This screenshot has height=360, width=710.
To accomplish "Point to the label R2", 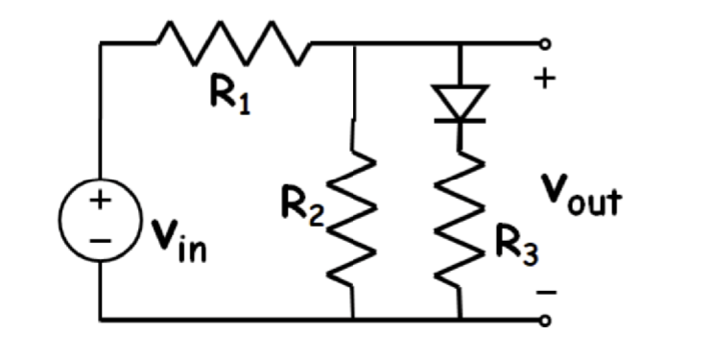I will click(x=304, y=203).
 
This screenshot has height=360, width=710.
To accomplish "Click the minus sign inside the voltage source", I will click(x=100, y=239).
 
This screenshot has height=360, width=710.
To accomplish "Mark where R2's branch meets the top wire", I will click(x=355, y=44).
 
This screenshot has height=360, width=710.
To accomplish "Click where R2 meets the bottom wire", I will click(x=355, y=320).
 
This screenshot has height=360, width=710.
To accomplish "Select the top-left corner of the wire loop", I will click(x=100, y=44).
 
